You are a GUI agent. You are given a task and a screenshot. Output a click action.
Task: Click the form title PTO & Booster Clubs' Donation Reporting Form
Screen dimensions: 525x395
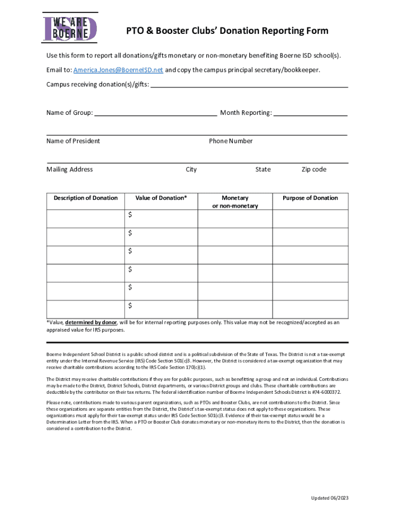point(227,31)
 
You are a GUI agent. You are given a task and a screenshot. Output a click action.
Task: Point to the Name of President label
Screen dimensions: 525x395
point(73,141)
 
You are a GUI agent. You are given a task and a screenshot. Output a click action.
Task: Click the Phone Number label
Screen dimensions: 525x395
point(231,141)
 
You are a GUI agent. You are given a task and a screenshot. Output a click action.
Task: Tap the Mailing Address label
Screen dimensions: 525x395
point(70,170)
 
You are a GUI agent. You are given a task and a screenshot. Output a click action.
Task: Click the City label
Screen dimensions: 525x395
point(191,170)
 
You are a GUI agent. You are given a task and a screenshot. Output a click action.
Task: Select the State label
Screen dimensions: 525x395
point(263,170)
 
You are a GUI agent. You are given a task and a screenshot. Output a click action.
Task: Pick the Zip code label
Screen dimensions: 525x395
point(313,170)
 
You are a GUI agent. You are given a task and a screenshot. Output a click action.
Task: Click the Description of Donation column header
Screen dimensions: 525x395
point(86,198)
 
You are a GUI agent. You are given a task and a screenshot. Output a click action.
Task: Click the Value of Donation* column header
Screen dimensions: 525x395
point(161,198)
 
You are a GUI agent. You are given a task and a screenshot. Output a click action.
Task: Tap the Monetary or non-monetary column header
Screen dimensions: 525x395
point(235,201)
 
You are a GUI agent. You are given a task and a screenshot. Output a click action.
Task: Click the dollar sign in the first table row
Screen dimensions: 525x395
point(130,215)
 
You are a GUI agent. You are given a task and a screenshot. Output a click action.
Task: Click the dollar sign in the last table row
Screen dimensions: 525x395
point(130,306)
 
